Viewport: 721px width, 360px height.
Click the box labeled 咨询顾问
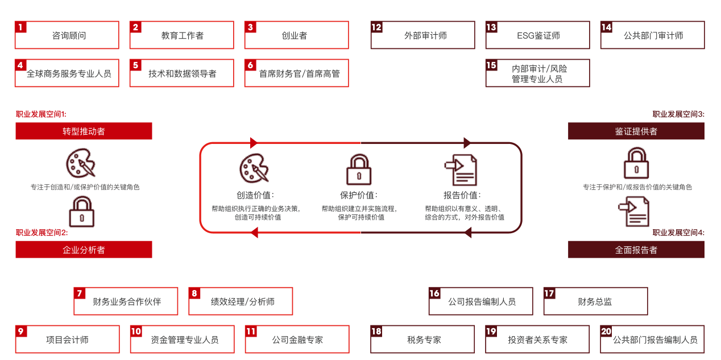(67, 35)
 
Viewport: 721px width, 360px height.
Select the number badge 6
(250, 65)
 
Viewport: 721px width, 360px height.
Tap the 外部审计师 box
(423, 35)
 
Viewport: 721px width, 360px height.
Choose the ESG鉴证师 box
(538, 35)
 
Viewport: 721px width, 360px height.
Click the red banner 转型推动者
(84, 131)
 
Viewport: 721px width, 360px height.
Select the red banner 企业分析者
(84, 250)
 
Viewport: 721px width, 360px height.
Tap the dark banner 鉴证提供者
(636, 131)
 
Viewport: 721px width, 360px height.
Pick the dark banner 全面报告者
(636, 250)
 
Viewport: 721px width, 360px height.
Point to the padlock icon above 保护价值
(359, 169)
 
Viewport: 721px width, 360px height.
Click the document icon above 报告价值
(461, 169)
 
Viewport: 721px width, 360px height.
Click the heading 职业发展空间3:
(678, 114)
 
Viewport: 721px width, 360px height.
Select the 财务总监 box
(595, 301)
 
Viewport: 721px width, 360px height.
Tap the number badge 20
(606, 331)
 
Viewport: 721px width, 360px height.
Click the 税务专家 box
(424, 340)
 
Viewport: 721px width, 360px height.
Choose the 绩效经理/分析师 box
(241, 301)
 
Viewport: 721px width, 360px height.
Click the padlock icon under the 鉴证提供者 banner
(636, 163)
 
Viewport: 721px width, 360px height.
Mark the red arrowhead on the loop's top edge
(254, 143)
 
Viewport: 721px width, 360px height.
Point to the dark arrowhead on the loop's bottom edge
(467, 232)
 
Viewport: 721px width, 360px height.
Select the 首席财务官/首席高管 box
(297, 73)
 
